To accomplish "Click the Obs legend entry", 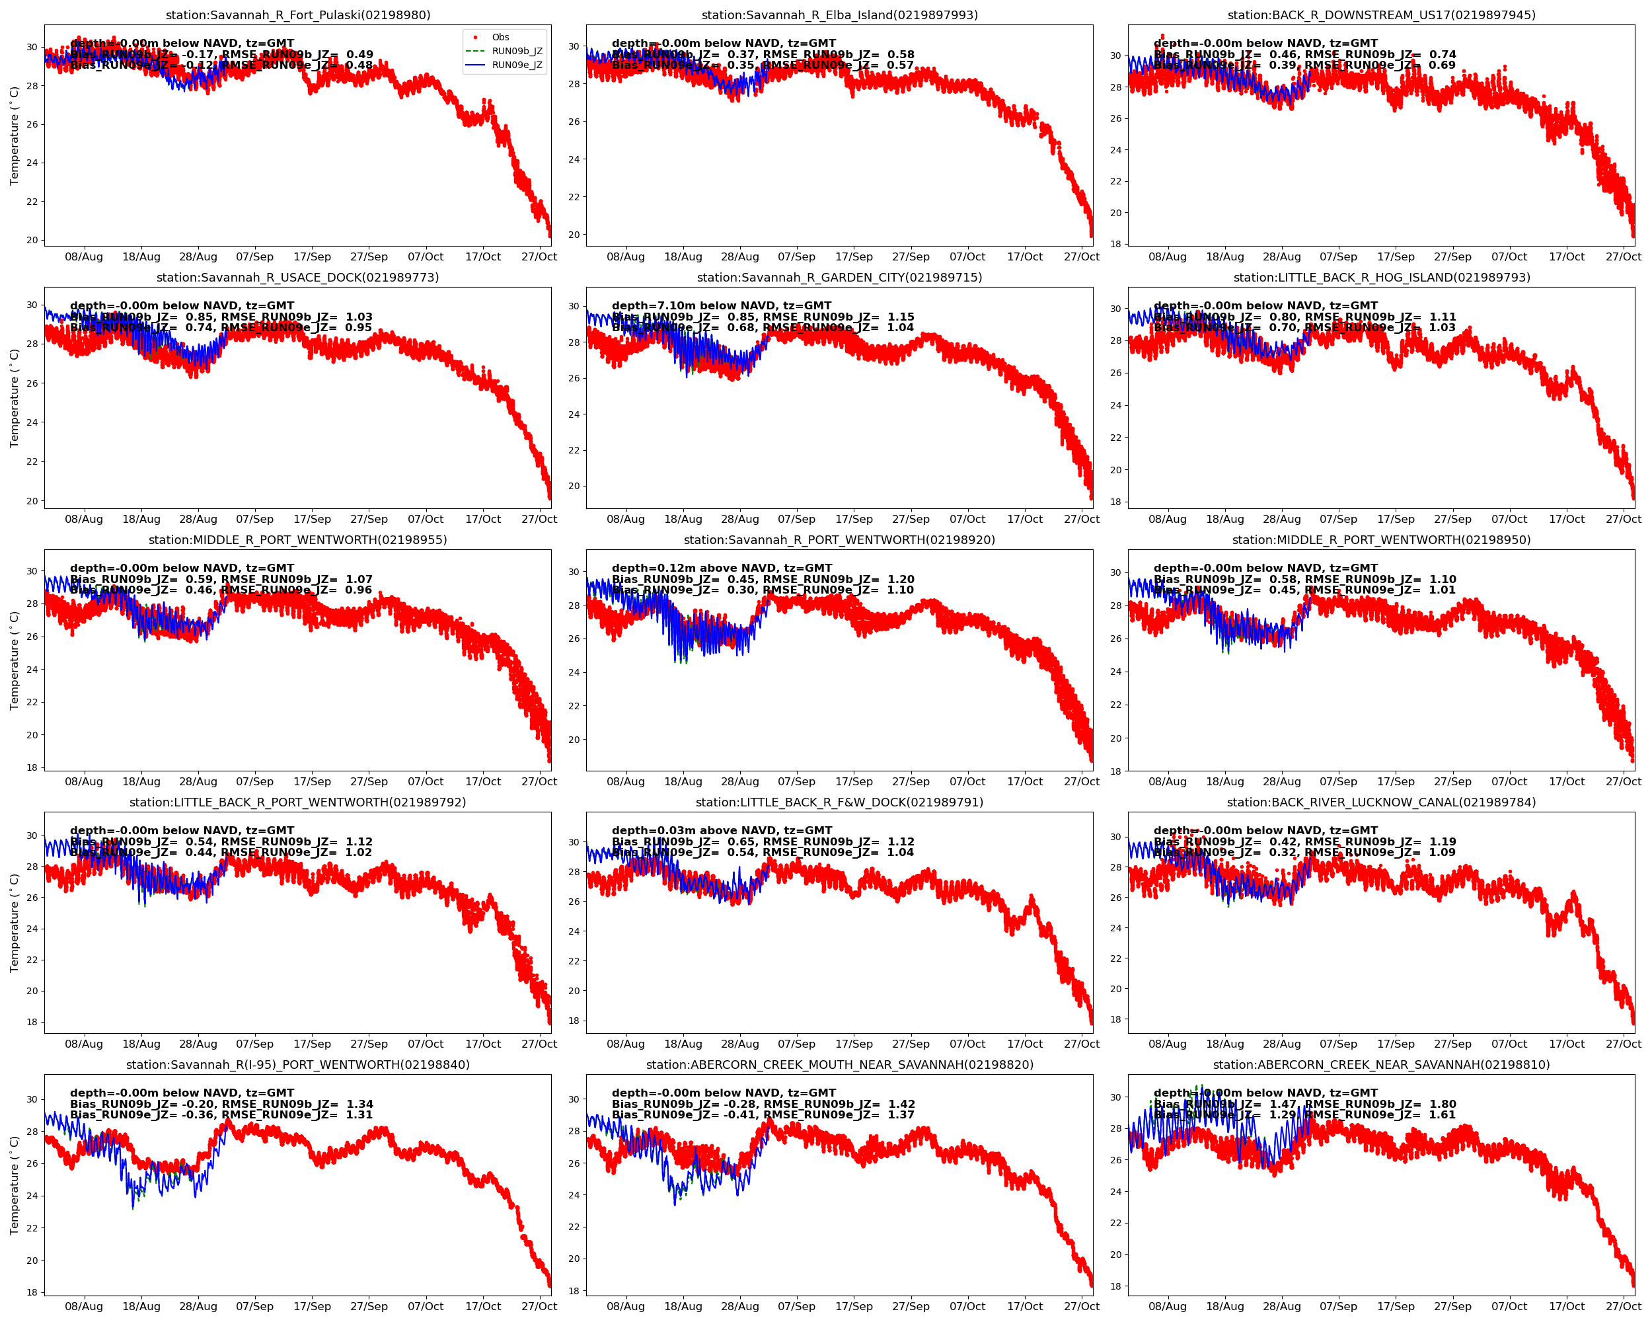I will pyautogui.click(x=500, y=37).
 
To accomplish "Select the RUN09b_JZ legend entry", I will pyautogui.click(x=517, y=52).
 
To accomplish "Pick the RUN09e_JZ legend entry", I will pyautogui.click(x=517, y=65).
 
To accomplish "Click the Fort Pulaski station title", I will pyautogui.click(x=298, y=15).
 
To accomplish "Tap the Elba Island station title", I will pyautogui.click(x=839, y=15).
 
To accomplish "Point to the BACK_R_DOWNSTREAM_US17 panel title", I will pyautogui.click(x=1381, y=15).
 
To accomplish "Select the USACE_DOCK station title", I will pyautogui.click(x=298, y=278).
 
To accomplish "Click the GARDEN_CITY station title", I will pyautogui.click(x=839, y=278).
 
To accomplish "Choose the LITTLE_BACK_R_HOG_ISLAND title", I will pyautogui.click(x=1381, y=278).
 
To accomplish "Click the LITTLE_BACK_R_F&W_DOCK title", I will pyautogui.click(x=839, y=802).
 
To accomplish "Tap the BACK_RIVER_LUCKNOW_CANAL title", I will pyautogui.click(x=1381, y=802).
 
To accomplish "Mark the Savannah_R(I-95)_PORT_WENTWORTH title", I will pyautogui.click(x=298, y=1064).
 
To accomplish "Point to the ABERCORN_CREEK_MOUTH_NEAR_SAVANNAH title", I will pyautogui.click(x=839, y=1064).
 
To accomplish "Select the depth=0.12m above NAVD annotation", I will pyautogui.click(x=721, y=568).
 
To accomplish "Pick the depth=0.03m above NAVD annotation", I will pyautogui.click(x=721, y=830).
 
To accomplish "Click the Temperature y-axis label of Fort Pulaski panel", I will pyautogui.click(x=14, y=136).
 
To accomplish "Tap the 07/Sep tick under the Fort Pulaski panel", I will pyautogui.click(x=254, y=256).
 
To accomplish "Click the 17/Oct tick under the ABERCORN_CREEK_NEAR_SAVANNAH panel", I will pyautogui.click(x=1566, y=1306).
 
